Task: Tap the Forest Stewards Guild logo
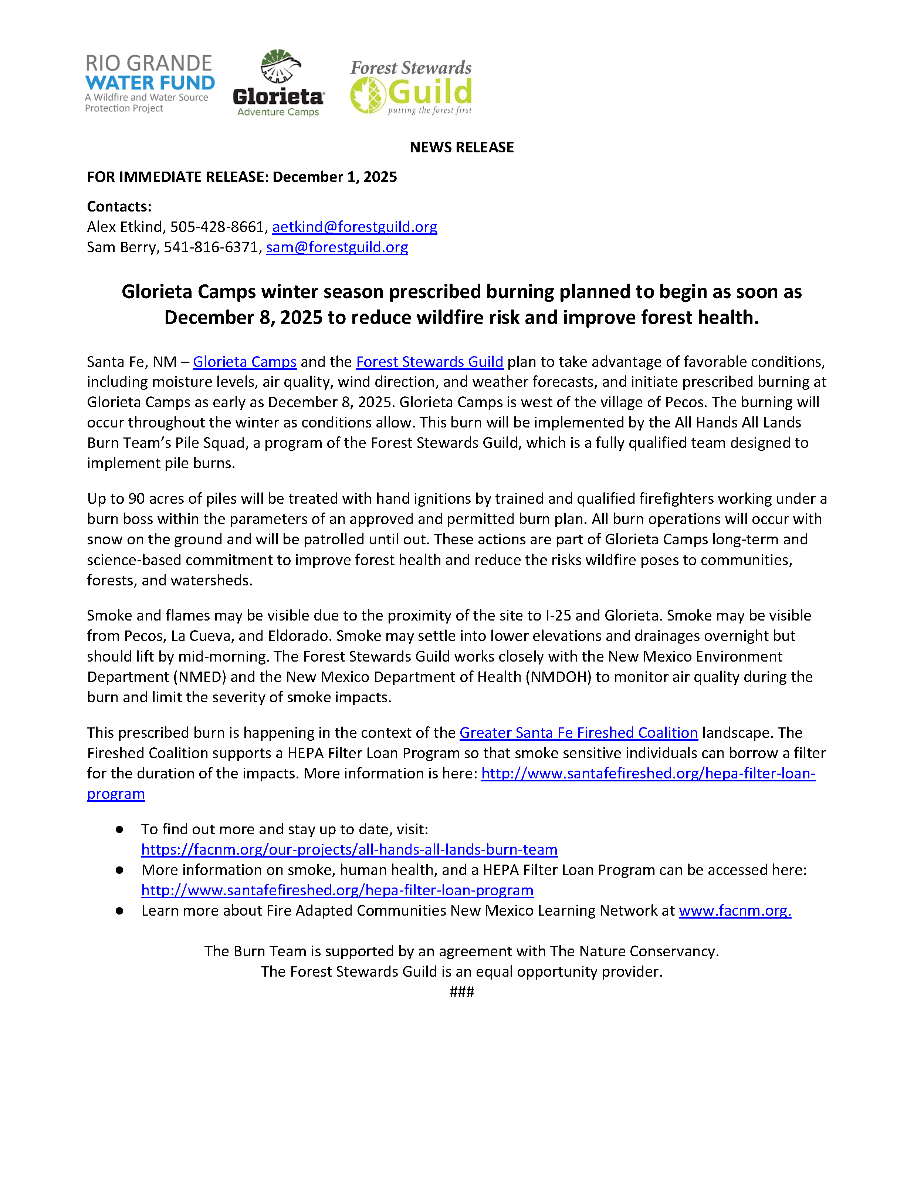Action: (x=411, y=87)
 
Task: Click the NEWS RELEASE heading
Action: (x=461, y=147)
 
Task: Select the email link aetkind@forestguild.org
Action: (x=354, y=227)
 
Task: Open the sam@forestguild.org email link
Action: (x=337, y=247)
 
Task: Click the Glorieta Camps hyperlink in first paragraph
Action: (x=244, y=362)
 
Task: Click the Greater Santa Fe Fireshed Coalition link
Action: (x=578, y=733)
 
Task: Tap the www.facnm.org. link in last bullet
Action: (x=734, y=910)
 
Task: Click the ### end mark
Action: (x=461, y=992)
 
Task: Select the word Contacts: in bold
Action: (x=119, y=207)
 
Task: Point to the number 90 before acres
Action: (x=137, y=498)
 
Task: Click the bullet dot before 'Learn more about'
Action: (x=119, y=910)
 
